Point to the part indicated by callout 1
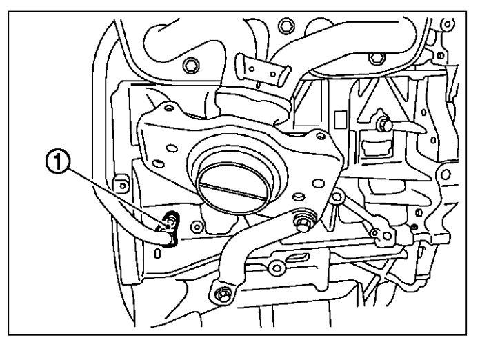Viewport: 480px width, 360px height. tap(169, 226)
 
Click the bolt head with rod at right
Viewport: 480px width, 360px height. tap(383, 126)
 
